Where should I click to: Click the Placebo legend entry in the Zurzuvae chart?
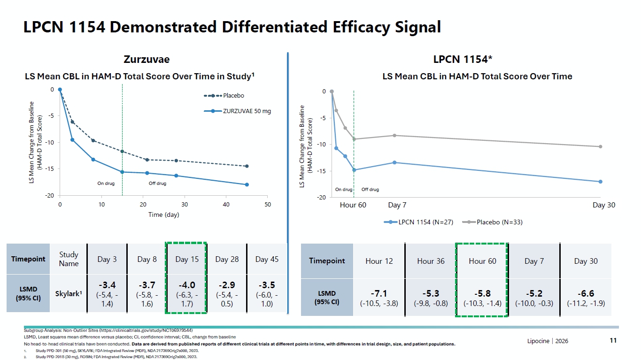(x=224, y=95)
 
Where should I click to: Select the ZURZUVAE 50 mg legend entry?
(x=238, y=111)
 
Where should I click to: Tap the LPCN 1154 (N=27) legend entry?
(x=418, y=222)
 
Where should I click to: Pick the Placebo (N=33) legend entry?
(x=493, y=222)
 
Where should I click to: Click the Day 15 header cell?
(x=187, y=259)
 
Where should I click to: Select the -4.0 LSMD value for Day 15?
(x=187, y=285)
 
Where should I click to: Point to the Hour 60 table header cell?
(x=482, y=261)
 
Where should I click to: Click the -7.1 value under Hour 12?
(x=379, y=294)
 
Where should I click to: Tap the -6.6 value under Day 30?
(x=586, y=294)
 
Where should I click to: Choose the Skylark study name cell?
(x=69, y=294)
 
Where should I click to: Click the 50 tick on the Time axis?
(x=268, y=205)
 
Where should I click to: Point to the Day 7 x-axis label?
(x=397, y=205)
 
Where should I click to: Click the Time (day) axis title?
(x=164, y=214)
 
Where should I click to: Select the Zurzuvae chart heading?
(x=147, y=59)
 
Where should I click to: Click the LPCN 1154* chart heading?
(x=463, y=59)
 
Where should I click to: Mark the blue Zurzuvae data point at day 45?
(x=247, y=185)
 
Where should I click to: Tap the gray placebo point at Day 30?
(x=600, y=147)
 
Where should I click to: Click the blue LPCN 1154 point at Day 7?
(x=394, y=162)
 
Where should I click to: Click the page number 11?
(x=613, y=340)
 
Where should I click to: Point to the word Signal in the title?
(x=418, y=27)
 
